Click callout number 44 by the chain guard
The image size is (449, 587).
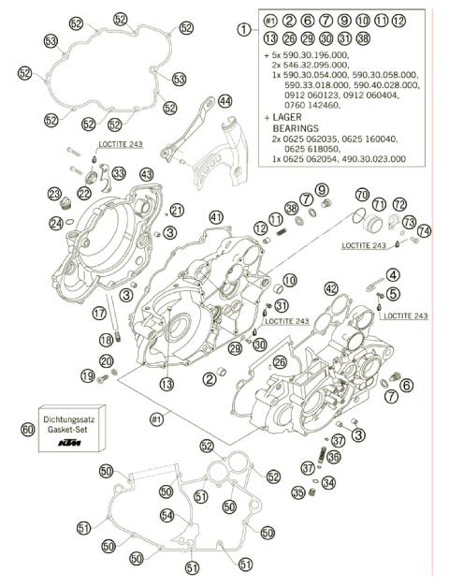point(224,100)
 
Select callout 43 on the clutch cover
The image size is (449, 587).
point(146,175)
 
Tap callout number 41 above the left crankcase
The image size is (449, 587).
point(217,217)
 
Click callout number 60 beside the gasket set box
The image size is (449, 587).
point(27,429)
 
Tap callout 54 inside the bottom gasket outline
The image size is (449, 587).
point(166,515)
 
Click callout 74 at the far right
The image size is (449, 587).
point(425,230)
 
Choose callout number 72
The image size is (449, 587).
point(399,204)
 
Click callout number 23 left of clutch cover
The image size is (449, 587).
point(54,193)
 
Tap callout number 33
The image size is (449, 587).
point(118,174)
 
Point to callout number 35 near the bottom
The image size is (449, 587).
point(297,492)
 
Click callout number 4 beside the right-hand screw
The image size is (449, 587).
point(393,274)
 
